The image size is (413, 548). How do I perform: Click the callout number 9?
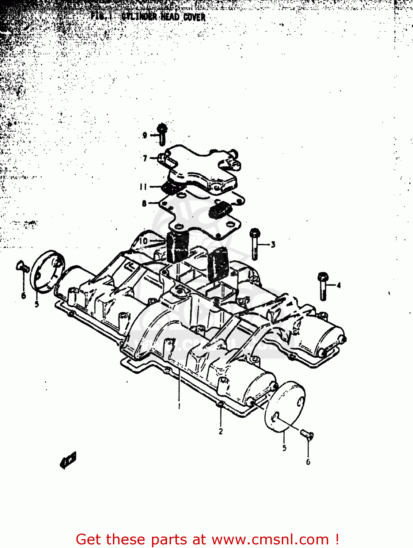click(145, 135)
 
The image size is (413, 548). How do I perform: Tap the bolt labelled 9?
click(162, 134)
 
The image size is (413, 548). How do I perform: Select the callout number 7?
click(145, 158)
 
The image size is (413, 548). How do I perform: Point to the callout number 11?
click(143, 187)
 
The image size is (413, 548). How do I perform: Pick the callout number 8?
click(144, 203)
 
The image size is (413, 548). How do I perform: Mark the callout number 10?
click(144, 241)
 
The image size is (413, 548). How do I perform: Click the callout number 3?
click(273, 244)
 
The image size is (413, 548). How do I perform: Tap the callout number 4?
click(338, 285)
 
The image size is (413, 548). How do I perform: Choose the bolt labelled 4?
click(323, 286)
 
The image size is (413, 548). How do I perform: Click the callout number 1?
click(179, 406)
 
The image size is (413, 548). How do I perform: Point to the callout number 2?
click(221, 431)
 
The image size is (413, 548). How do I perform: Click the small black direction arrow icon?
click(68, 460)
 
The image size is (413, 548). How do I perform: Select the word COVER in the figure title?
click(194, 17)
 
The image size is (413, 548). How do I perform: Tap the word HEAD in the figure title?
click(170, 17)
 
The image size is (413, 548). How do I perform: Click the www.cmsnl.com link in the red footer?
click(270, 539)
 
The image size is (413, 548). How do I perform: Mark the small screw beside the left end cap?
click(23, 267)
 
